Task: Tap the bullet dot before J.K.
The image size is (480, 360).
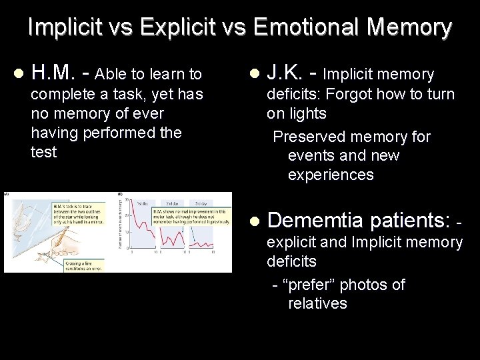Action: coord(253,73)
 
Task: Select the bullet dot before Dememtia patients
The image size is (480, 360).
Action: coord(253,221)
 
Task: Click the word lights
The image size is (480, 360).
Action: coord(307,113)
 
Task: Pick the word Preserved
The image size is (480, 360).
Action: coord(309,137)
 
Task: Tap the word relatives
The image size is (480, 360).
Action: coord(317,303)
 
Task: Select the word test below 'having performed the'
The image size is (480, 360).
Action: coord(44,152)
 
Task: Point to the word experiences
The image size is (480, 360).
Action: coord(331,175)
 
